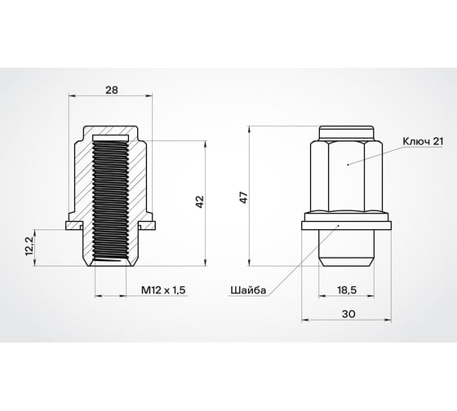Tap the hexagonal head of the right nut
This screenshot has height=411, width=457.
pyautogui.click(x=348, y=175)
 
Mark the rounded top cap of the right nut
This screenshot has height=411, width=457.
pyautogui.click(x=348, y=132)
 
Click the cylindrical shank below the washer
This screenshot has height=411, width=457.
pyautogui.click(x=348, y=249)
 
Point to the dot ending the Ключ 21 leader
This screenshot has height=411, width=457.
pyautogui.click(x=348, y=164)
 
